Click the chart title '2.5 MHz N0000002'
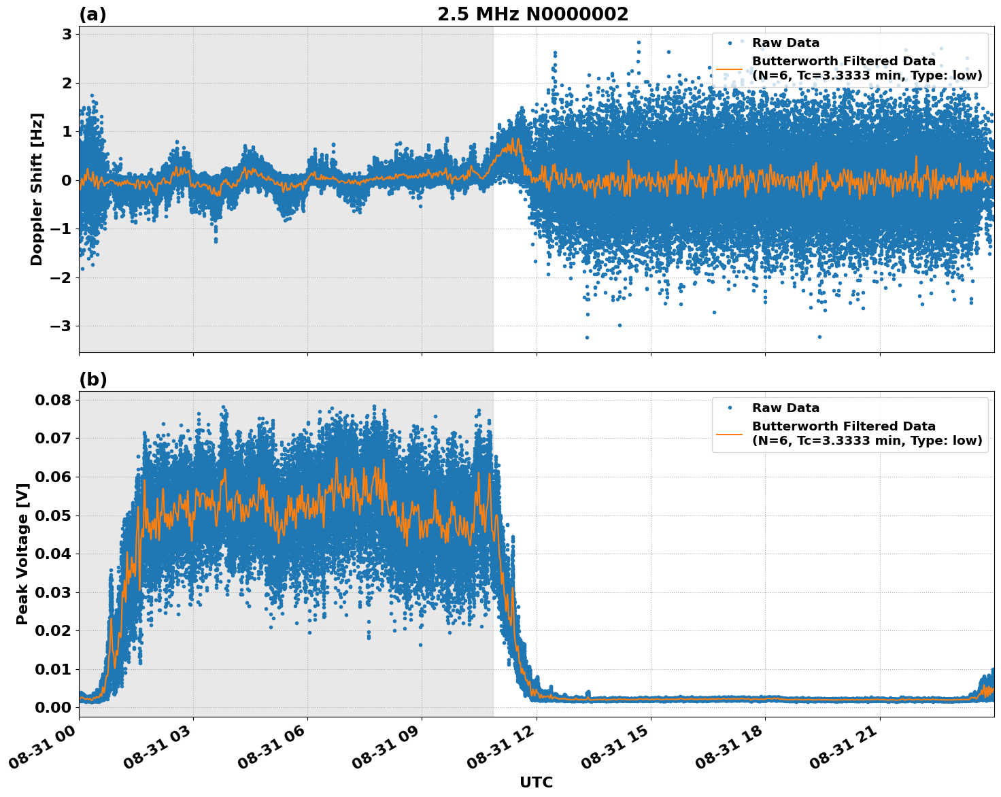coord(532,14)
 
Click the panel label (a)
coord(92,14)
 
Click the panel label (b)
coord(92,379)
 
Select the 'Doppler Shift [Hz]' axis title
coord(37,189)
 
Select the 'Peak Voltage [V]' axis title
coord(22,554)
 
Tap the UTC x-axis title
coord(536,782)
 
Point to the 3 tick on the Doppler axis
coord(67,34)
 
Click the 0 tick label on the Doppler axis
coord(67,180)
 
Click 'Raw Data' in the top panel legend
coord(785,43)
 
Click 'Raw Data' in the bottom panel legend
coord(785,408)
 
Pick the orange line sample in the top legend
coord(730,69)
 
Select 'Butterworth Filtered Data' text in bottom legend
coord(843,426)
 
